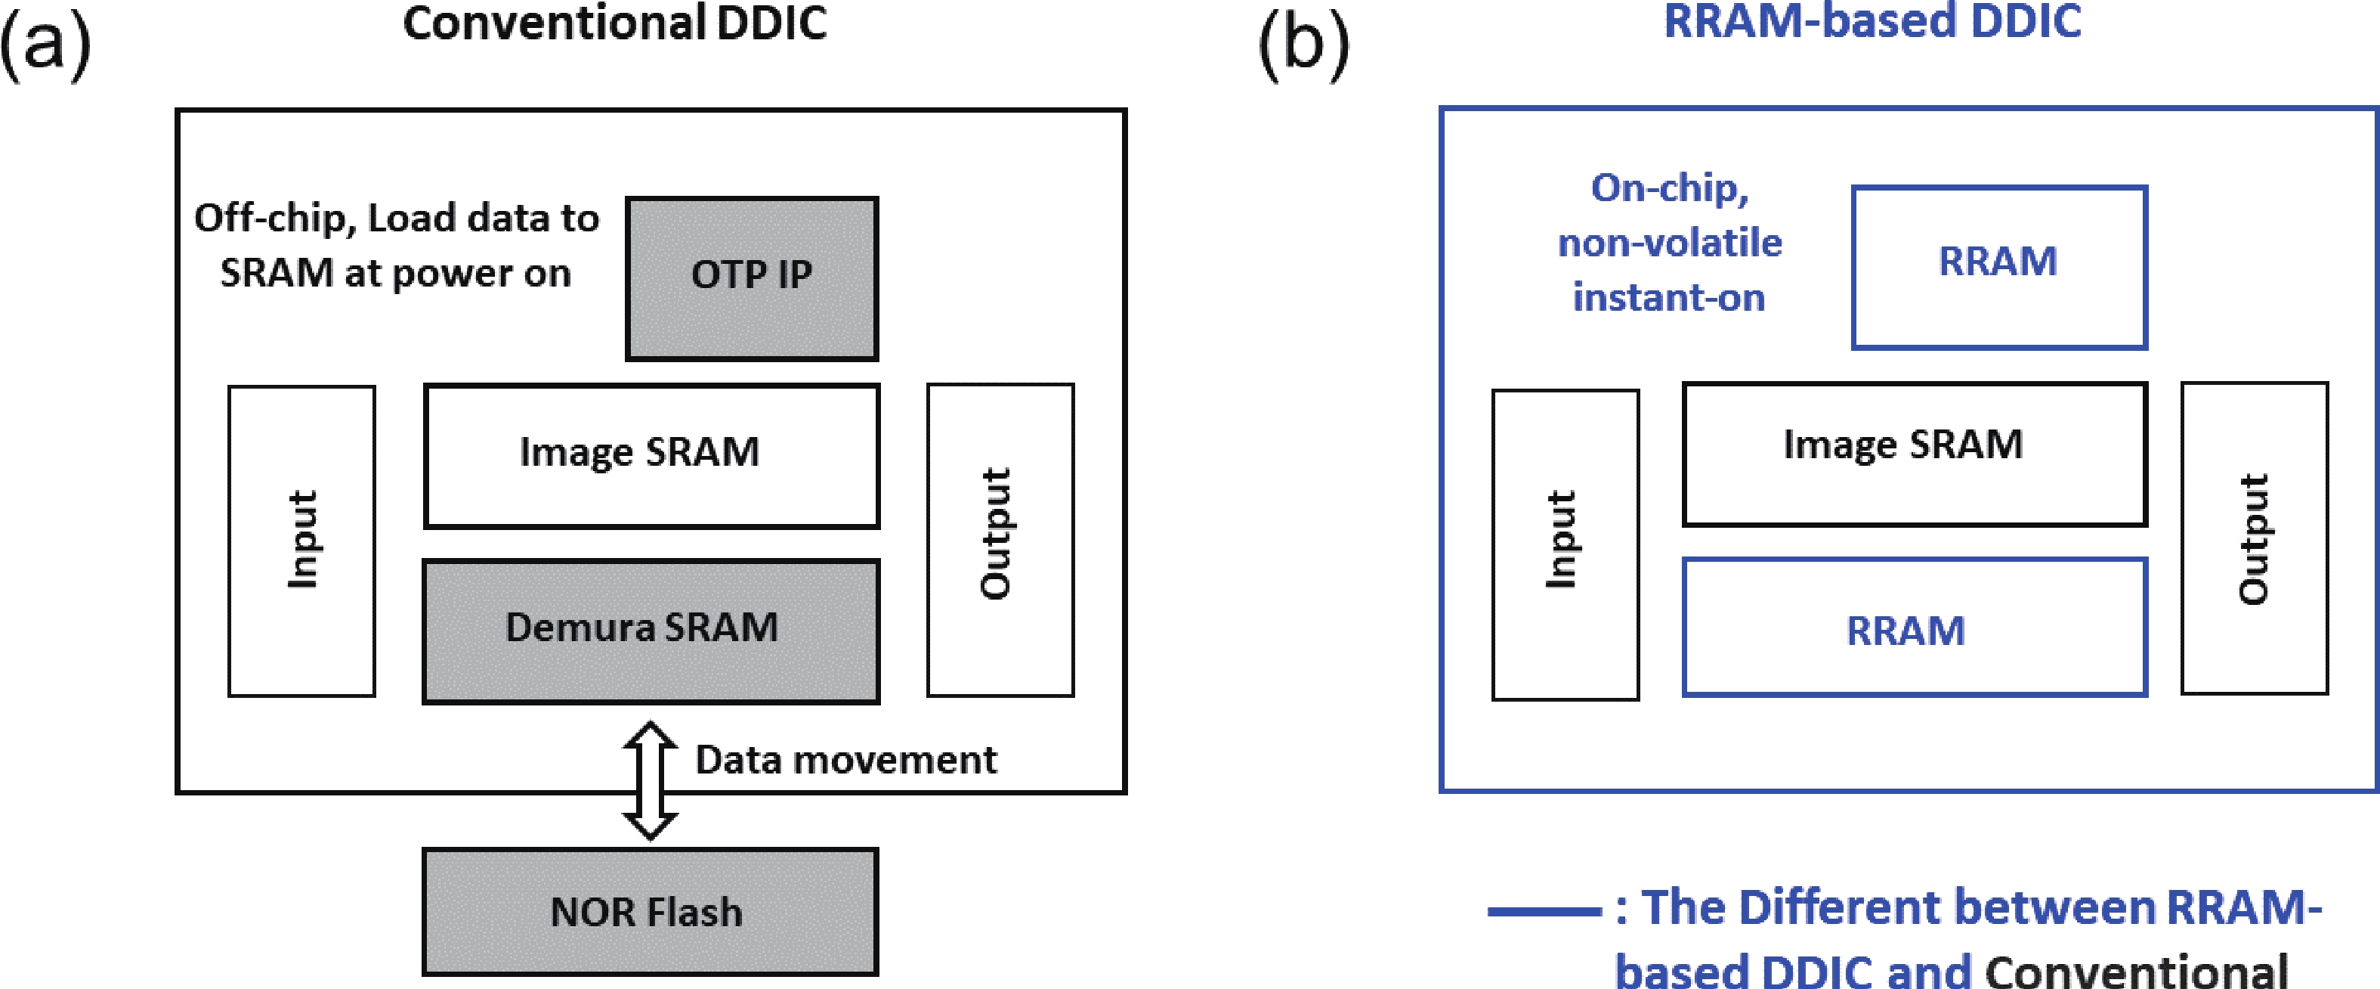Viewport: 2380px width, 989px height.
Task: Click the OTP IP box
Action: (x=751, y=277)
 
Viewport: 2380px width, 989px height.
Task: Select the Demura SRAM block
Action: (x=651, y=631)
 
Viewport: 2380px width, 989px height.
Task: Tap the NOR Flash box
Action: (x=650, y=911)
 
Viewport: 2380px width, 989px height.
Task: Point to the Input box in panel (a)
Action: (x=302, y=541)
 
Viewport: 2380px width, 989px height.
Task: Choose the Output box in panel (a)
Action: (x=1000, y=539)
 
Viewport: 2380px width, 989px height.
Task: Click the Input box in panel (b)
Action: (x=1565, y=544)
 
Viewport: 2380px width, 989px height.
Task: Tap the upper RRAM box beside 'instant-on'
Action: (x=1998, y=266)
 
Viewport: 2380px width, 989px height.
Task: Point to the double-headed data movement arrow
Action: (x=651, y=780)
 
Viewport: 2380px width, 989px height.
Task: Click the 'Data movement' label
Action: (x=845, y=760)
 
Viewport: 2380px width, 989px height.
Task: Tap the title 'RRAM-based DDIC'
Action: (x=1872, y=20)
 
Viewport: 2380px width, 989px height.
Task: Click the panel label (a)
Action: (x=45, y=45)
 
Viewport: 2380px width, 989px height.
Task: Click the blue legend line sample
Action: (x=1544, y=911)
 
